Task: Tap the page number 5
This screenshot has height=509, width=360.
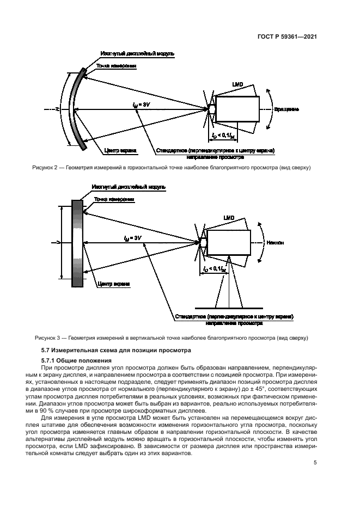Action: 315,463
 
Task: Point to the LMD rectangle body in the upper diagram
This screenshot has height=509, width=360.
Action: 237,109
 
